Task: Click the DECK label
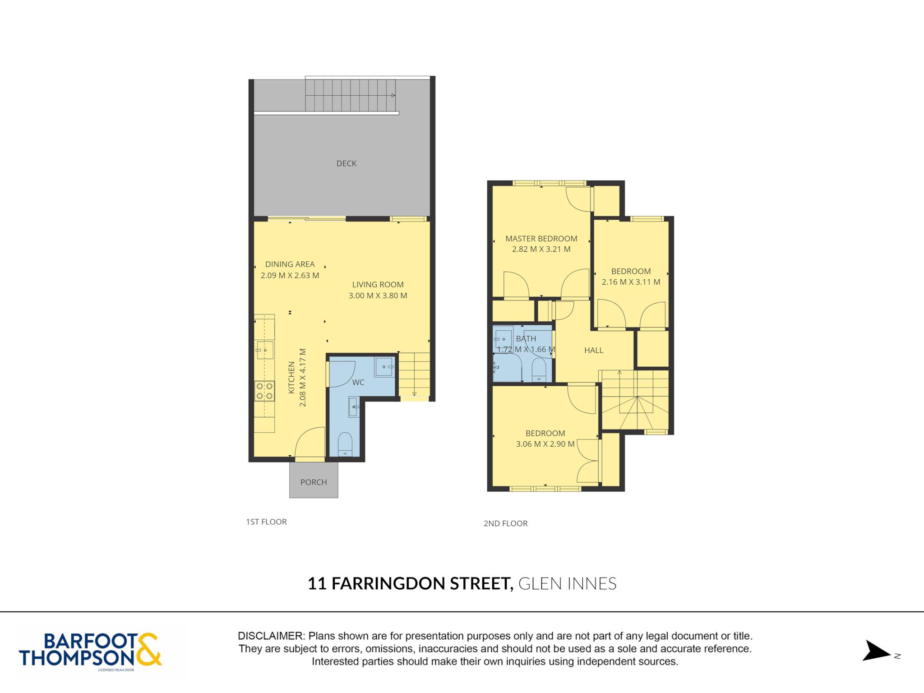(x=346, y=163)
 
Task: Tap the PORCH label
(x=314, y=482)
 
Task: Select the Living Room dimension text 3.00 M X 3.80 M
(x=378, y=296)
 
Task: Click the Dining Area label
(x=290, y=264)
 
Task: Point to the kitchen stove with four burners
(x=264, y=391)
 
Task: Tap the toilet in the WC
(x=345, y=444)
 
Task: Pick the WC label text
(x=358, y=383)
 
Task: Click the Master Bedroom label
(x=541, y=239)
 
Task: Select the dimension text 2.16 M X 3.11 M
(x=631, y=282)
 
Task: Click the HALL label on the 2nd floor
(x=594, y=350)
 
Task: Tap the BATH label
(x=526, y=338)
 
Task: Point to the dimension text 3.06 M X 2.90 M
(x=545, y=444)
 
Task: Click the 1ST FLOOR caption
(x=266, y=522)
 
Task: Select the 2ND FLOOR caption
(x=505, y=524)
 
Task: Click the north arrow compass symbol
(x=877, y=651)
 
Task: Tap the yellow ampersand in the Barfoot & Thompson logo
(x=148, y=649)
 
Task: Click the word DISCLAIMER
(x=271, y=636)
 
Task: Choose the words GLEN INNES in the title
(x=568, y=584)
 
